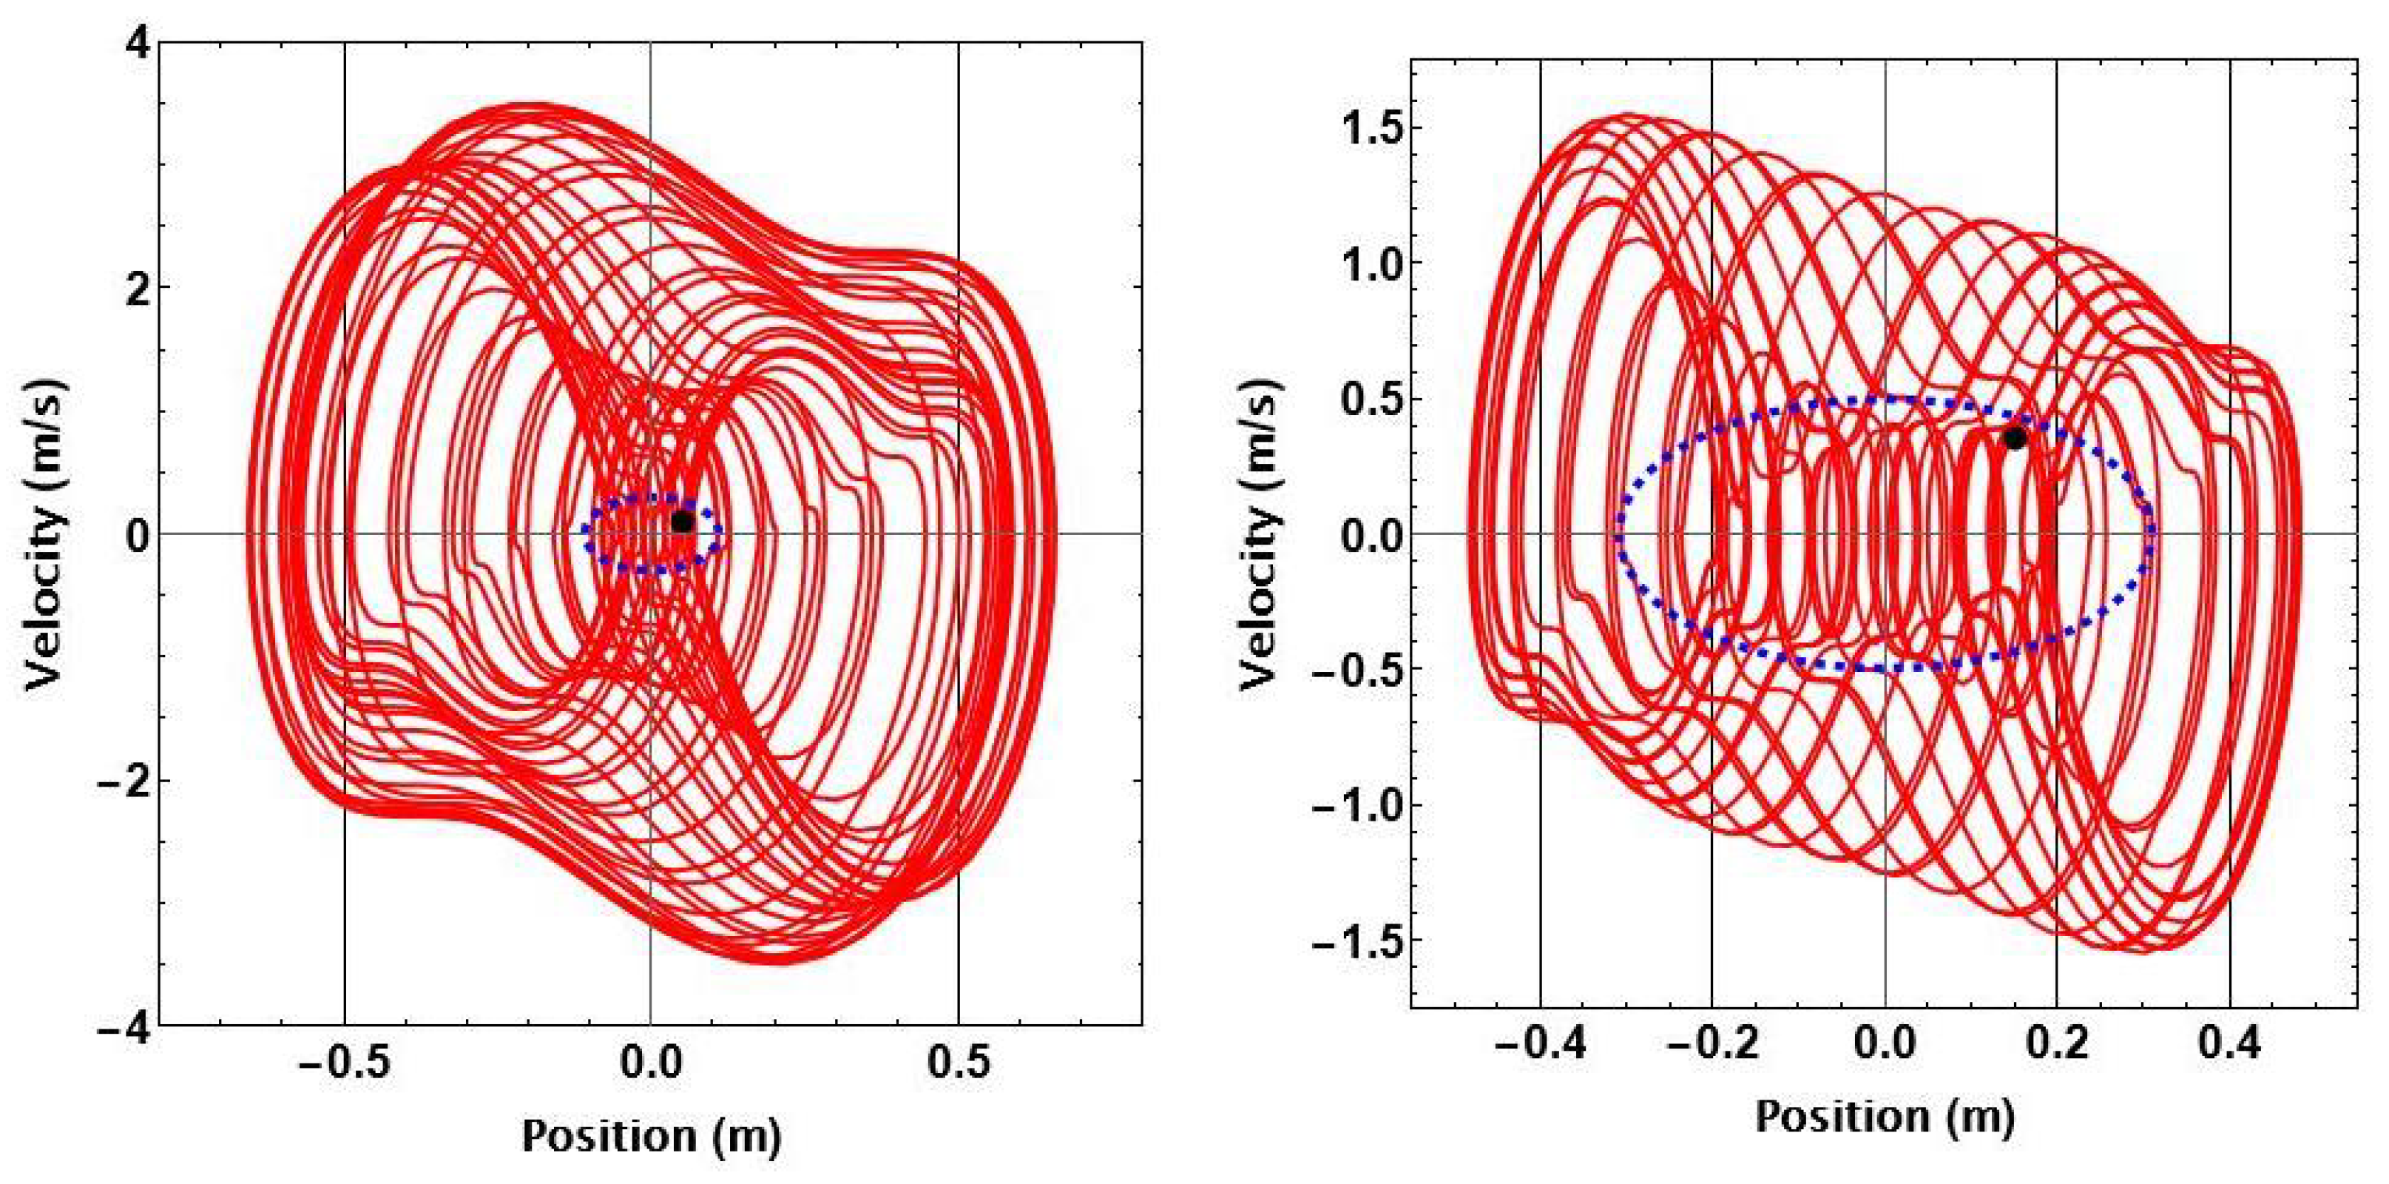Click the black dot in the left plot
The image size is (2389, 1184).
(682, 522)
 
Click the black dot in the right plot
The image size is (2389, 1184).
(2014, 439)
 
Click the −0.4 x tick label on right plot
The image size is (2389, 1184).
(1535, 1046)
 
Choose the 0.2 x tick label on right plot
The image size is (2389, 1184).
(2058, 1046)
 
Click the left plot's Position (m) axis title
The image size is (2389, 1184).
(651, 1135)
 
